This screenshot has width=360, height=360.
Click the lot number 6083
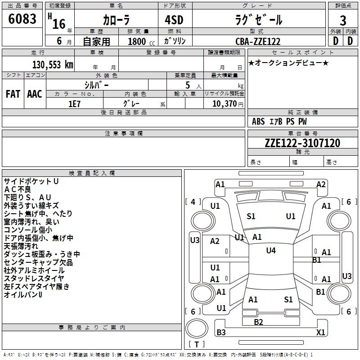(22, 19)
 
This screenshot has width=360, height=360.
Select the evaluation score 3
(343, 21)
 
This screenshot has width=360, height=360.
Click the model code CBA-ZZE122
(258, 41)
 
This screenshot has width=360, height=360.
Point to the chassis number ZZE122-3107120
(302, 143)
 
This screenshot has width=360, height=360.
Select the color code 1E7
(75, 103)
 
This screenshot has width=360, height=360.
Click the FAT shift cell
(13, 94)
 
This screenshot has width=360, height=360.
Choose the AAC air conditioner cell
(35, 94)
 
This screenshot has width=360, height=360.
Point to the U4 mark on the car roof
(270, 251)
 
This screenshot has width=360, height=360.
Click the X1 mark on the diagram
(321, 333)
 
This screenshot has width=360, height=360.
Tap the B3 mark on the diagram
(221, 333)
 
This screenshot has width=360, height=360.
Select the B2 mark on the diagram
(258, 322)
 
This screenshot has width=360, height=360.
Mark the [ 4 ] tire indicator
(193, 202)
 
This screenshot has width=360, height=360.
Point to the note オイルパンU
(23, 295)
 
